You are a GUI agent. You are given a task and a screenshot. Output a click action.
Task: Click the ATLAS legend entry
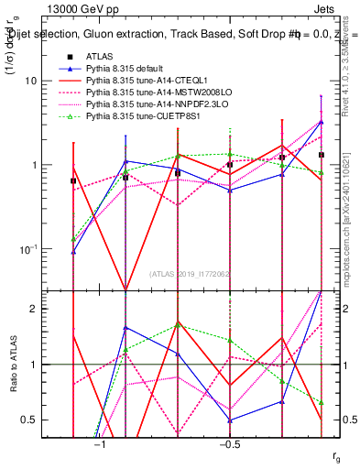[x=99, y=56]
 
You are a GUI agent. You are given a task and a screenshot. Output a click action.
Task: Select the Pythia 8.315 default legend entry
[x=127, y=69]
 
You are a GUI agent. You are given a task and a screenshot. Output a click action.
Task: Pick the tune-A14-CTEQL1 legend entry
[x=147, y=81]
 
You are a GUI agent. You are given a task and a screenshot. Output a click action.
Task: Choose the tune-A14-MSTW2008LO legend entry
[x=155, y=93]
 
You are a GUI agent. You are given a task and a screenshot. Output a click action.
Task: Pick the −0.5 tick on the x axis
[x=229, y=445]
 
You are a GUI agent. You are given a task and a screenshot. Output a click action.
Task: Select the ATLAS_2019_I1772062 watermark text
[x=196, y=274]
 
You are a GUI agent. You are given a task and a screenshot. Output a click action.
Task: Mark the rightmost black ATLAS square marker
[x=321, y=155]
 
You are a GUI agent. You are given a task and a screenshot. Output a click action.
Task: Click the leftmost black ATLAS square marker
[x=72, y=180]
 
